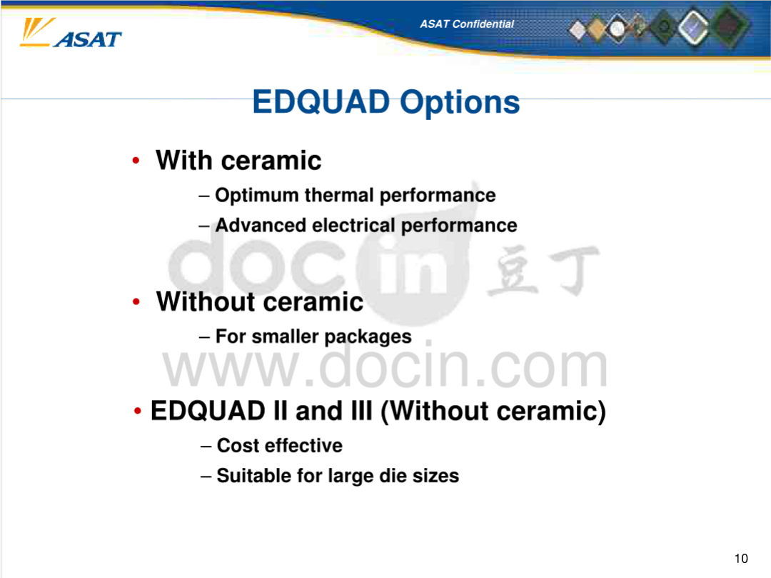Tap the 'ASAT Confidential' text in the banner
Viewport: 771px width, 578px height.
(x=467, y=24)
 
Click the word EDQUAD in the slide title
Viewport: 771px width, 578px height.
(x=321, y=102)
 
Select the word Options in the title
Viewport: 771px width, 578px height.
(x=460, y=103)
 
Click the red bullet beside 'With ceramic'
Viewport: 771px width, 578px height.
(x=136, y=160)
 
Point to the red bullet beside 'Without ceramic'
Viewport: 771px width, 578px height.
(x=136, y=302)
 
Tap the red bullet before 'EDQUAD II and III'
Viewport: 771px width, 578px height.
(x=138, y=411)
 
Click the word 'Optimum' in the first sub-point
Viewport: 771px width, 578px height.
(x=257, y=196)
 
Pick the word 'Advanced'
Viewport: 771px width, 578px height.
(x=261, y=225)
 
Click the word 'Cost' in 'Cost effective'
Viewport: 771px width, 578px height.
(x=238, y=446)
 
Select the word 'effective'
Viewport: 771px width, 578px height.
(x=303, y=446)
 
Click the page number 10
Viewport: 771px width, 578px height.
(x=741, y=558)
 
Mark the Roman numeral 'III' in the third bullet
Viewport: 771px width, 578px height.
(x=361, y=411)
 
